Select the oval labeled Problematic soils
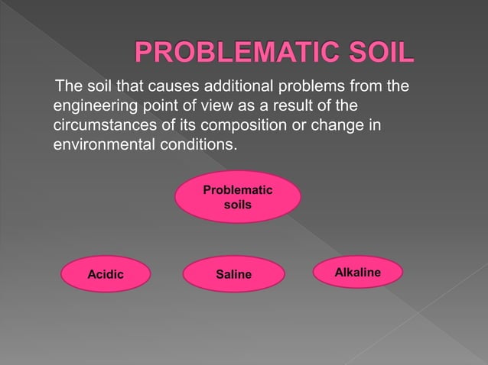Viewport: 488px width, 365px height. pos(237,197)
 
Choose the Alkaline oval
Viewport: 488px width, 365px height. pos(357,272)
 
